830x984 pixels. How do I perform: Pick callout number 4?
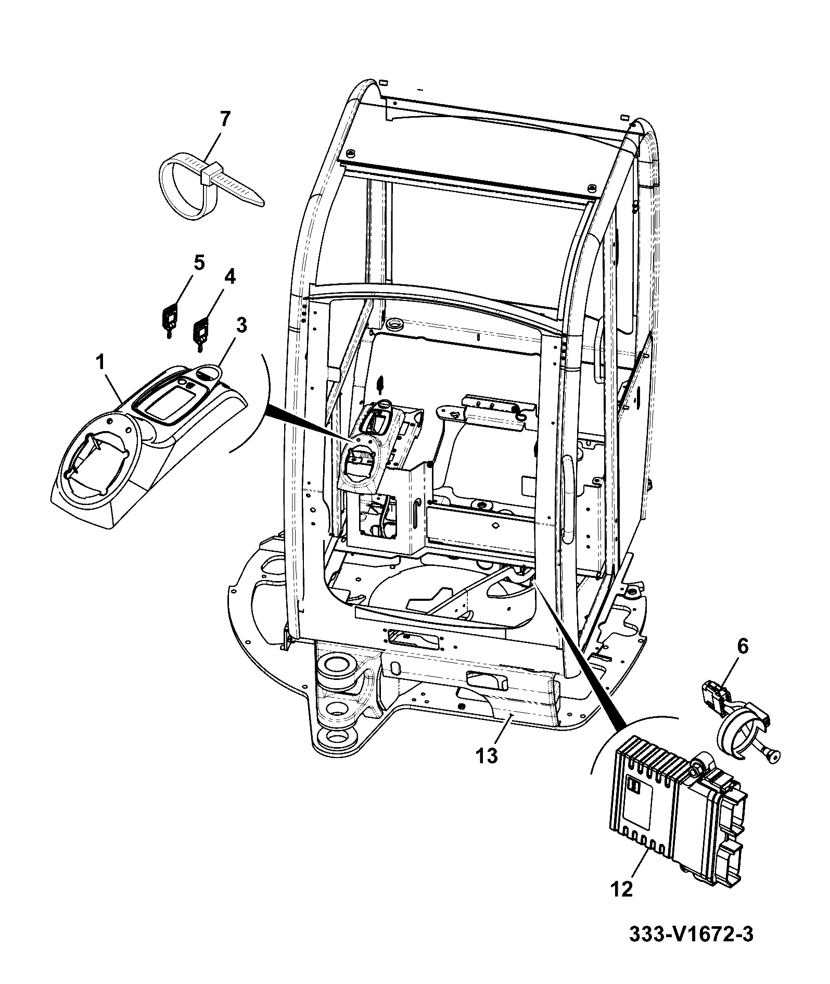click(229, 277)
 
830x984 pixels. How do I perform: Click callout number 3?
click(241, 325)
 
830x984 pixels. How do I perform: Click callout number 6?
click(742, 647)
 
